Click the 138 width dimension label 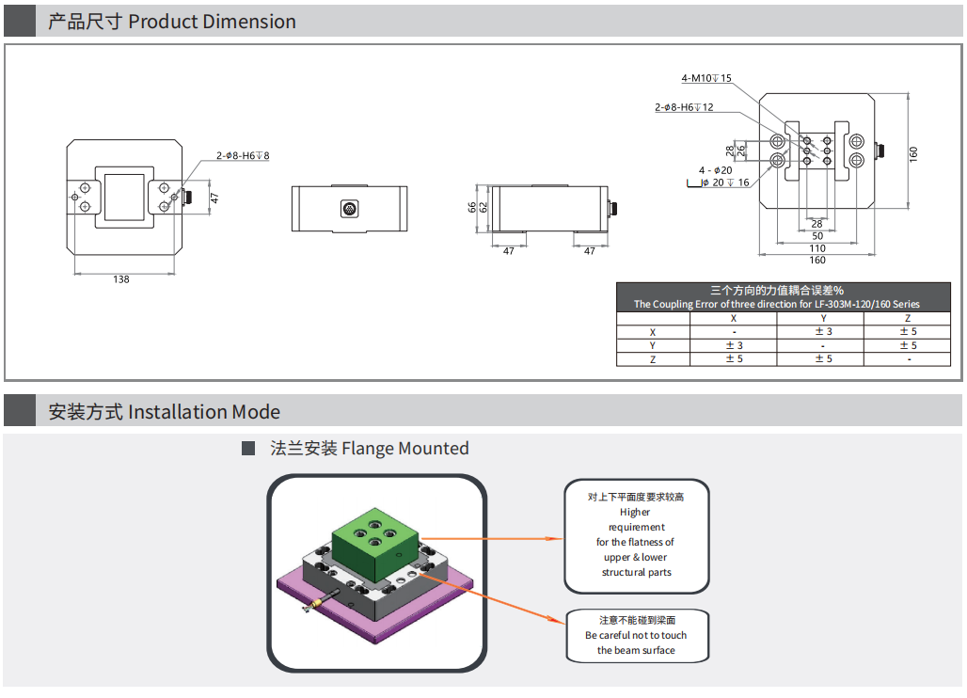[121, 279]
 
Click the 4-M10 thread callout [706, 78]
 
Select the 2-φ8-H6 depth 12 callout [684, 107]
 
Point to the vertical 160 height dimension [913, 153]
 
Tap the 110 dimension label [816, 248]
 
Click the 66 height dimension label [473, 207]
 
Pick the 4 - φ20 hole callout [715, 170]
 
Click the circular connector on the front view [349, 208]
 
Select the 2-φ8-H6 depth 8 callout [243, 155]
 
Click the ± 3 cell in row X [823, 332]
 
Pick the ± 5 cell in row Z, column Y [823, 359]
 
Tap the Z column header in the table [908, 318]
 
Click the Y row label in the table [653, 345]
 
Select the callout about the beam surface [636, 635]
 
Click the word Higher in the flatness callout [635, 513]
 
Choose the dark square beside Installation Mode [20, 411]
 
